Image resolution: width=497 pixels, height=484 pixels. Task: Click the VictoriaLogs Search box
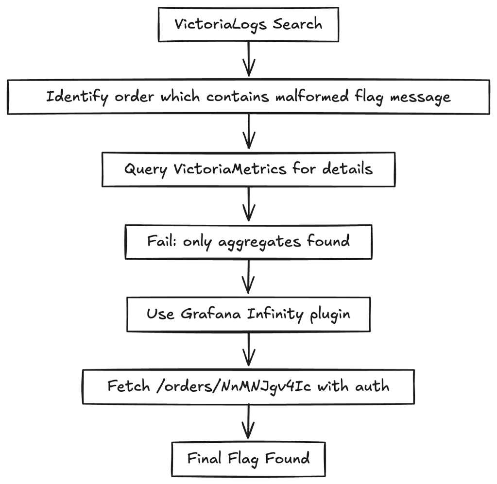pos(248,24)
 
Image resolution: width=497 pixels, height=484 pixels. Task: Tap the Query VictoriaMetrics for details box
pos(248,169)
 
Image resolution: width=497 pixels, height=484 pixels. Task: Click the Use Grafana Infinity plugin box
pos(248,314)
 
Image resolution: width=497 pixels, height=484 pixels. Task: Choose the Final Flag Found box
pos(248,458)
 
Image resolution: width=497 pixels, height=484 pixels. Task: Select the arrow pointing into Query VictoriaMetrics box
pos(248,132)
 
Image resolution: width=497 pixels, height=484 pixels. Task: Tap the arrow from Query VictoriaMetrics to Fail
pos(248,205)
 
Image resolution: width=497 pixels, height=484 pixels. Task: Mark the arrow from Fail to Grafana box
pos(248,277)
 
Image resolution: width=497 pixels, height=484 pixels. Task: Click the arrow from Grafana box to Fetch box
pos(248,350)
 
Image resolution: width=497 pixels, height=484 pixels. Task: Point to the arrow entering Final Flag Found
pos(248,422)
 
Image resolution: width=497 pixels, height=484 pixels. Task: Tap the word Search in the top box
pos(297,24)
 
